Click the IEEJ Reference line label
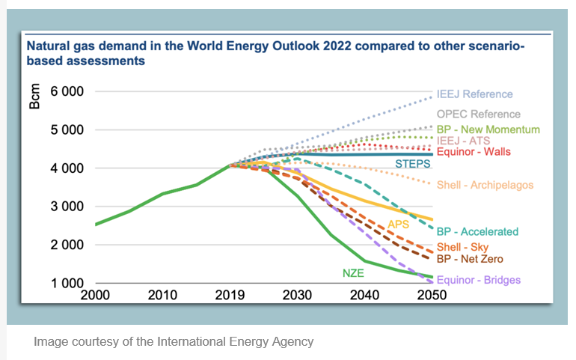pos(475,94)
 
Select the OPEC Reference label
pos(478,115)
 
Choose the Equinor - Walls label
pos(474,152)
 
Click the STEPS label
pos(411,163)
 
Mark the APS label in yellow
pos(399,224)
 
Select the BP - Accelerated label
pos(477,232)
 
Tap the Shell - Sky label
pos(462,248)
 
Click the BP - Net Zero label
pos(470,259)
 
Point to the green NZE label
pos(353,273)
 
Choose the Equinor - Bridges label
pos(478,280)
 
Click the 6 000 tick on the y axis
pos(67,92)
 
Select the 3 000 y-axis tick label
pos(67,207)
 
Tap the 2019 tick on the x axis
pos(230,295)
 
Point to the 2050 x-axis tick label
pos(432,295)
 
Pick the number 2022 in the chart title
pos(313,46)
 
